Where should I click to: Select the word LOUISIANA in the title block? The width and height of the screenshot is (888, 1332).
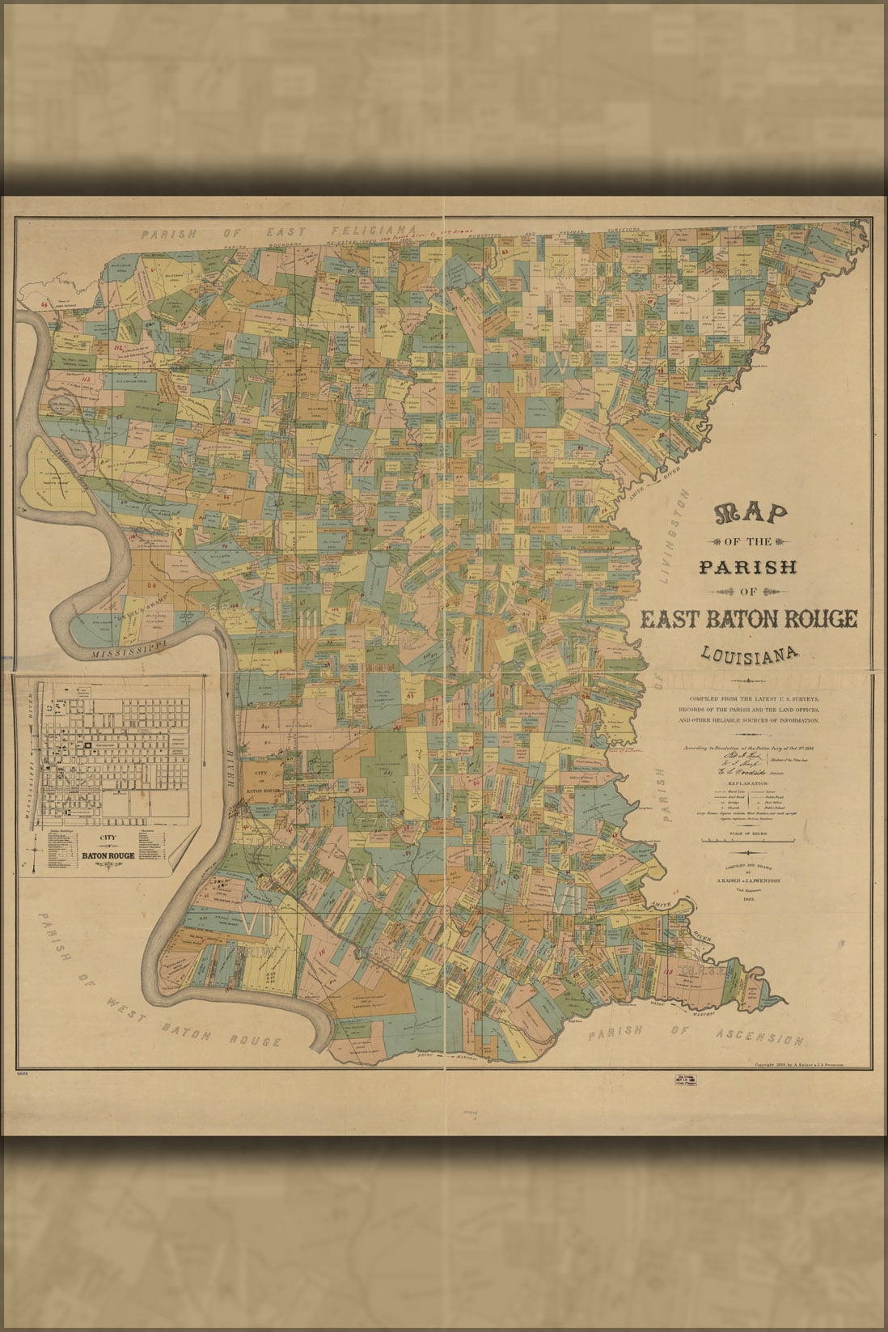[750, 652]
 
